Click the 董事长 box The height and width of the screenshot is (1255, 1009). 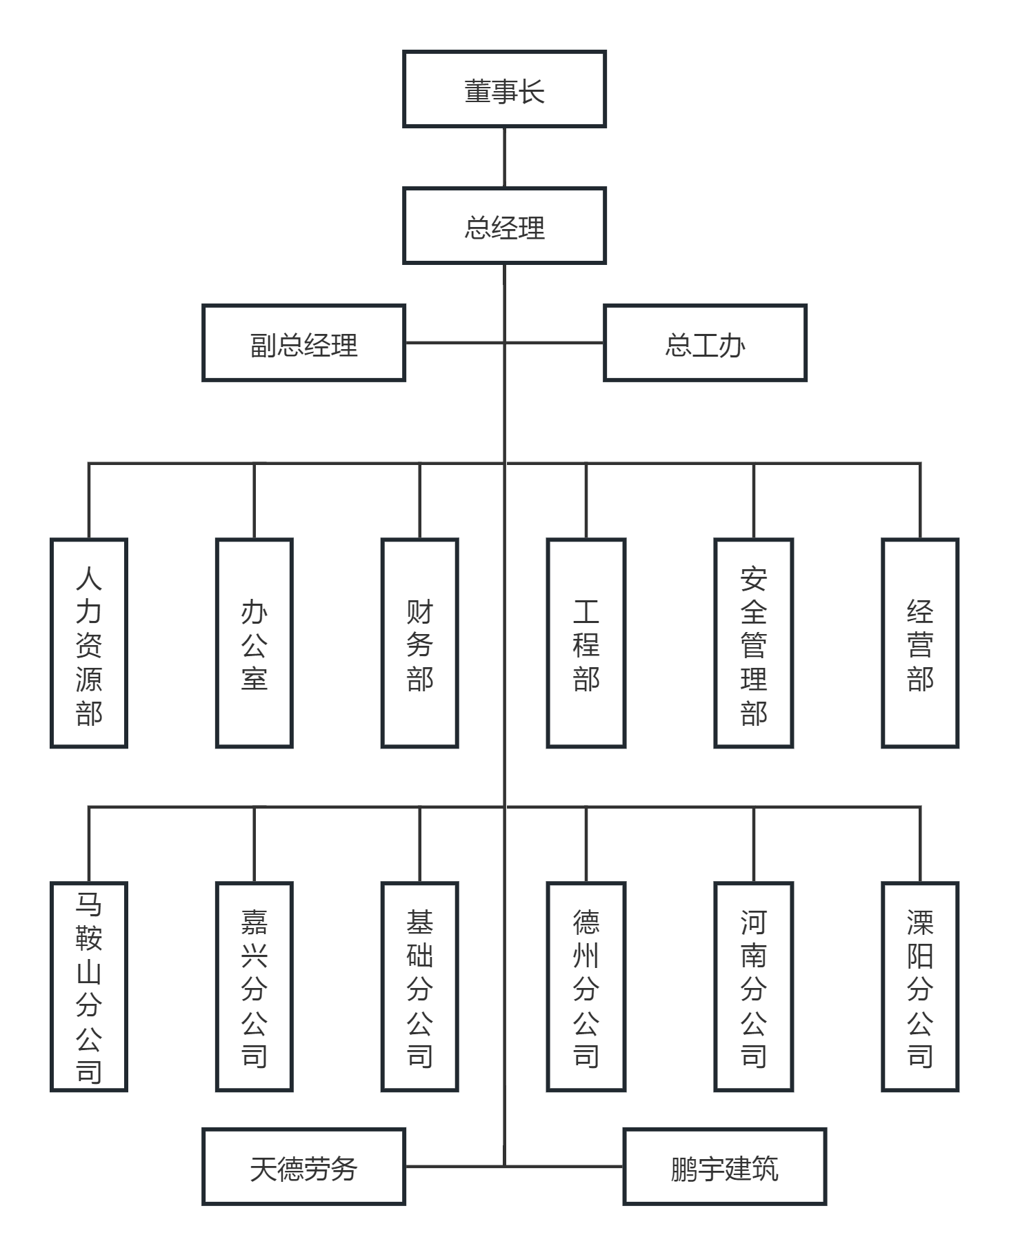pos(504,89)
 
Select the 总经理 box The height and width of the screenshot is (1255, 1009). pos(504,226)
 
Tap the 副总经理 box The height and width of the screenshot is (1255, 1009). pos(303,343)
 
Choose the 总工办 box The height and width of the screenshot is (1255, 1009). pos(705,343)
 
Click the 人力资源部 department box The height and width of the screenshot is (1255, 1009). pos(89,643)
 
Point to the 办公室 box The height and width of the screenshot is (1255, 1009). pos(254,643)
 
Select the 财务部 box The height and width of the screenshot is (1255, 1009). pos(420,643)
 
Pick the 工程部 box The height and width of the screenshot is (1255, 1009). pos(586,643)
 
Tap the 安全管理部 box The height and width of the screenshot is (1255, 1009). pos(754,643)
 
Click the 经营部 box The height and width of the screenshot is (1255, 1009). pos(920,643)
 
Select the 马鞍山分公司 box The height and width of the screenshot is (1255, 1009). pos(89,987)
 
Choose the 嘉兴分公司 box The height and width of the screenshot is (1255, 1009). pos(254,987)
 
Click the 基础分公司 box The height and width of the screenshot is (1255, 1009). pos(420,987)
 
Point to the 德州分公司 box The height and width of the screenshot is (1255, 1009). pos(586,987)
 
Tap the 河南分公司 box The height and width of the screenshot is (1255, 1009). pos(754,987)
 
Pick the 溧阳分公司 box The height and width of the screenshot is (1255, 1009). pos(920,987)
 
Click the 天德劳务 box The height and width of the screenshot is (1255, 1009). pos(303,1167)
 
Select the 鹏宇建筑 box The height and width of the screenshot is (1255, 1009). pos(724,1167)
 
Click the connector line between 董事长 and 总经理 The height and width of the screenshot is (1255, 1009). pos(504,157)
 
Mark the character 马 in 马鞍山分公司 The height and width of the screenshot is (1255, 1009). pos(89,904)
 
